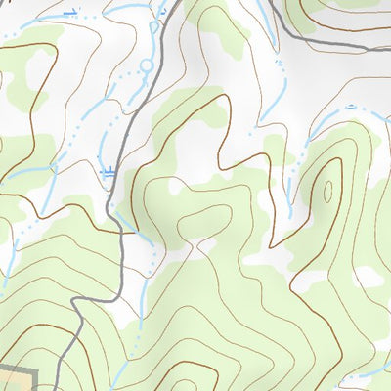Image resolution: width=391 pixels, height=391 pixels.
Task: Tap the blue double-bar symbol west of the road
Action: pos(108,173)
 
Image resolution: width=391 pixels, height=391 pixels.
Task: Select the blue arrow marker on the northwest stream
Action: pos(69,13)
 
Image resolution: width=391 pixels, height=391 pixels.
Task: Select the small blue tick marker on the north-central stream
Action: pos(279,63)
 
